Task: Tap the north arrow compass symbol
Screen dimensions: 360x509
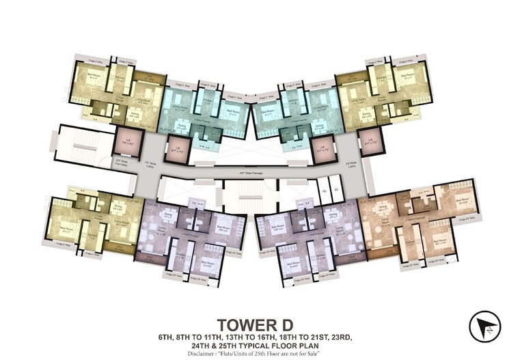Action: click(484, 326)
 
